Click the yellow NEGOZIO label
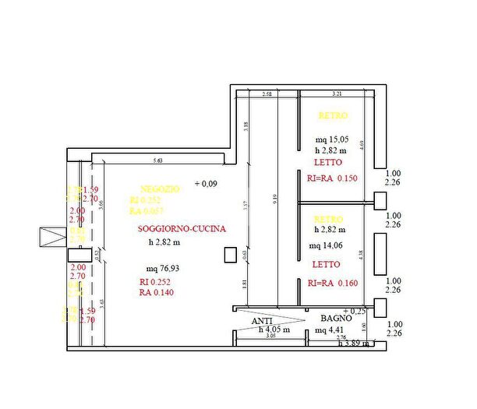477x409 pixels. click(161, 189)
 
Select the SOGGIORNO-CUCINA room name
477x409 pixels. click(182, 229)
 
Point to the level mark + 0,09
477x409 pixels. click(206, 184)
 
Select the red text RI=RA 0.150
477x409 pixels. click(332, 178)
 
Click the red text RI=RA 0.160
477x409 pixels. click(332, 283)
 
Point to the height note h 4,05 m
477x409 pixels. click(274, 330)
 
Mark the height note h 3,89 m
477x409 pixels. click(355, 344)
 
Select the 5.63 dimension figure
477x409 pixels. click(159, 161)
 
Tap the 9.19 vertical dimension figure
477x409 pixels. click(274, 198)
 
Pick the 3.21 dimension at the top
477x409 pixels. click(337, 93)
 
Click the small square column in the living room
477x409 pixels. click(230, 255)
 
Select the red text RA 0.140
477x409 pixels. click(157, 293)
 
